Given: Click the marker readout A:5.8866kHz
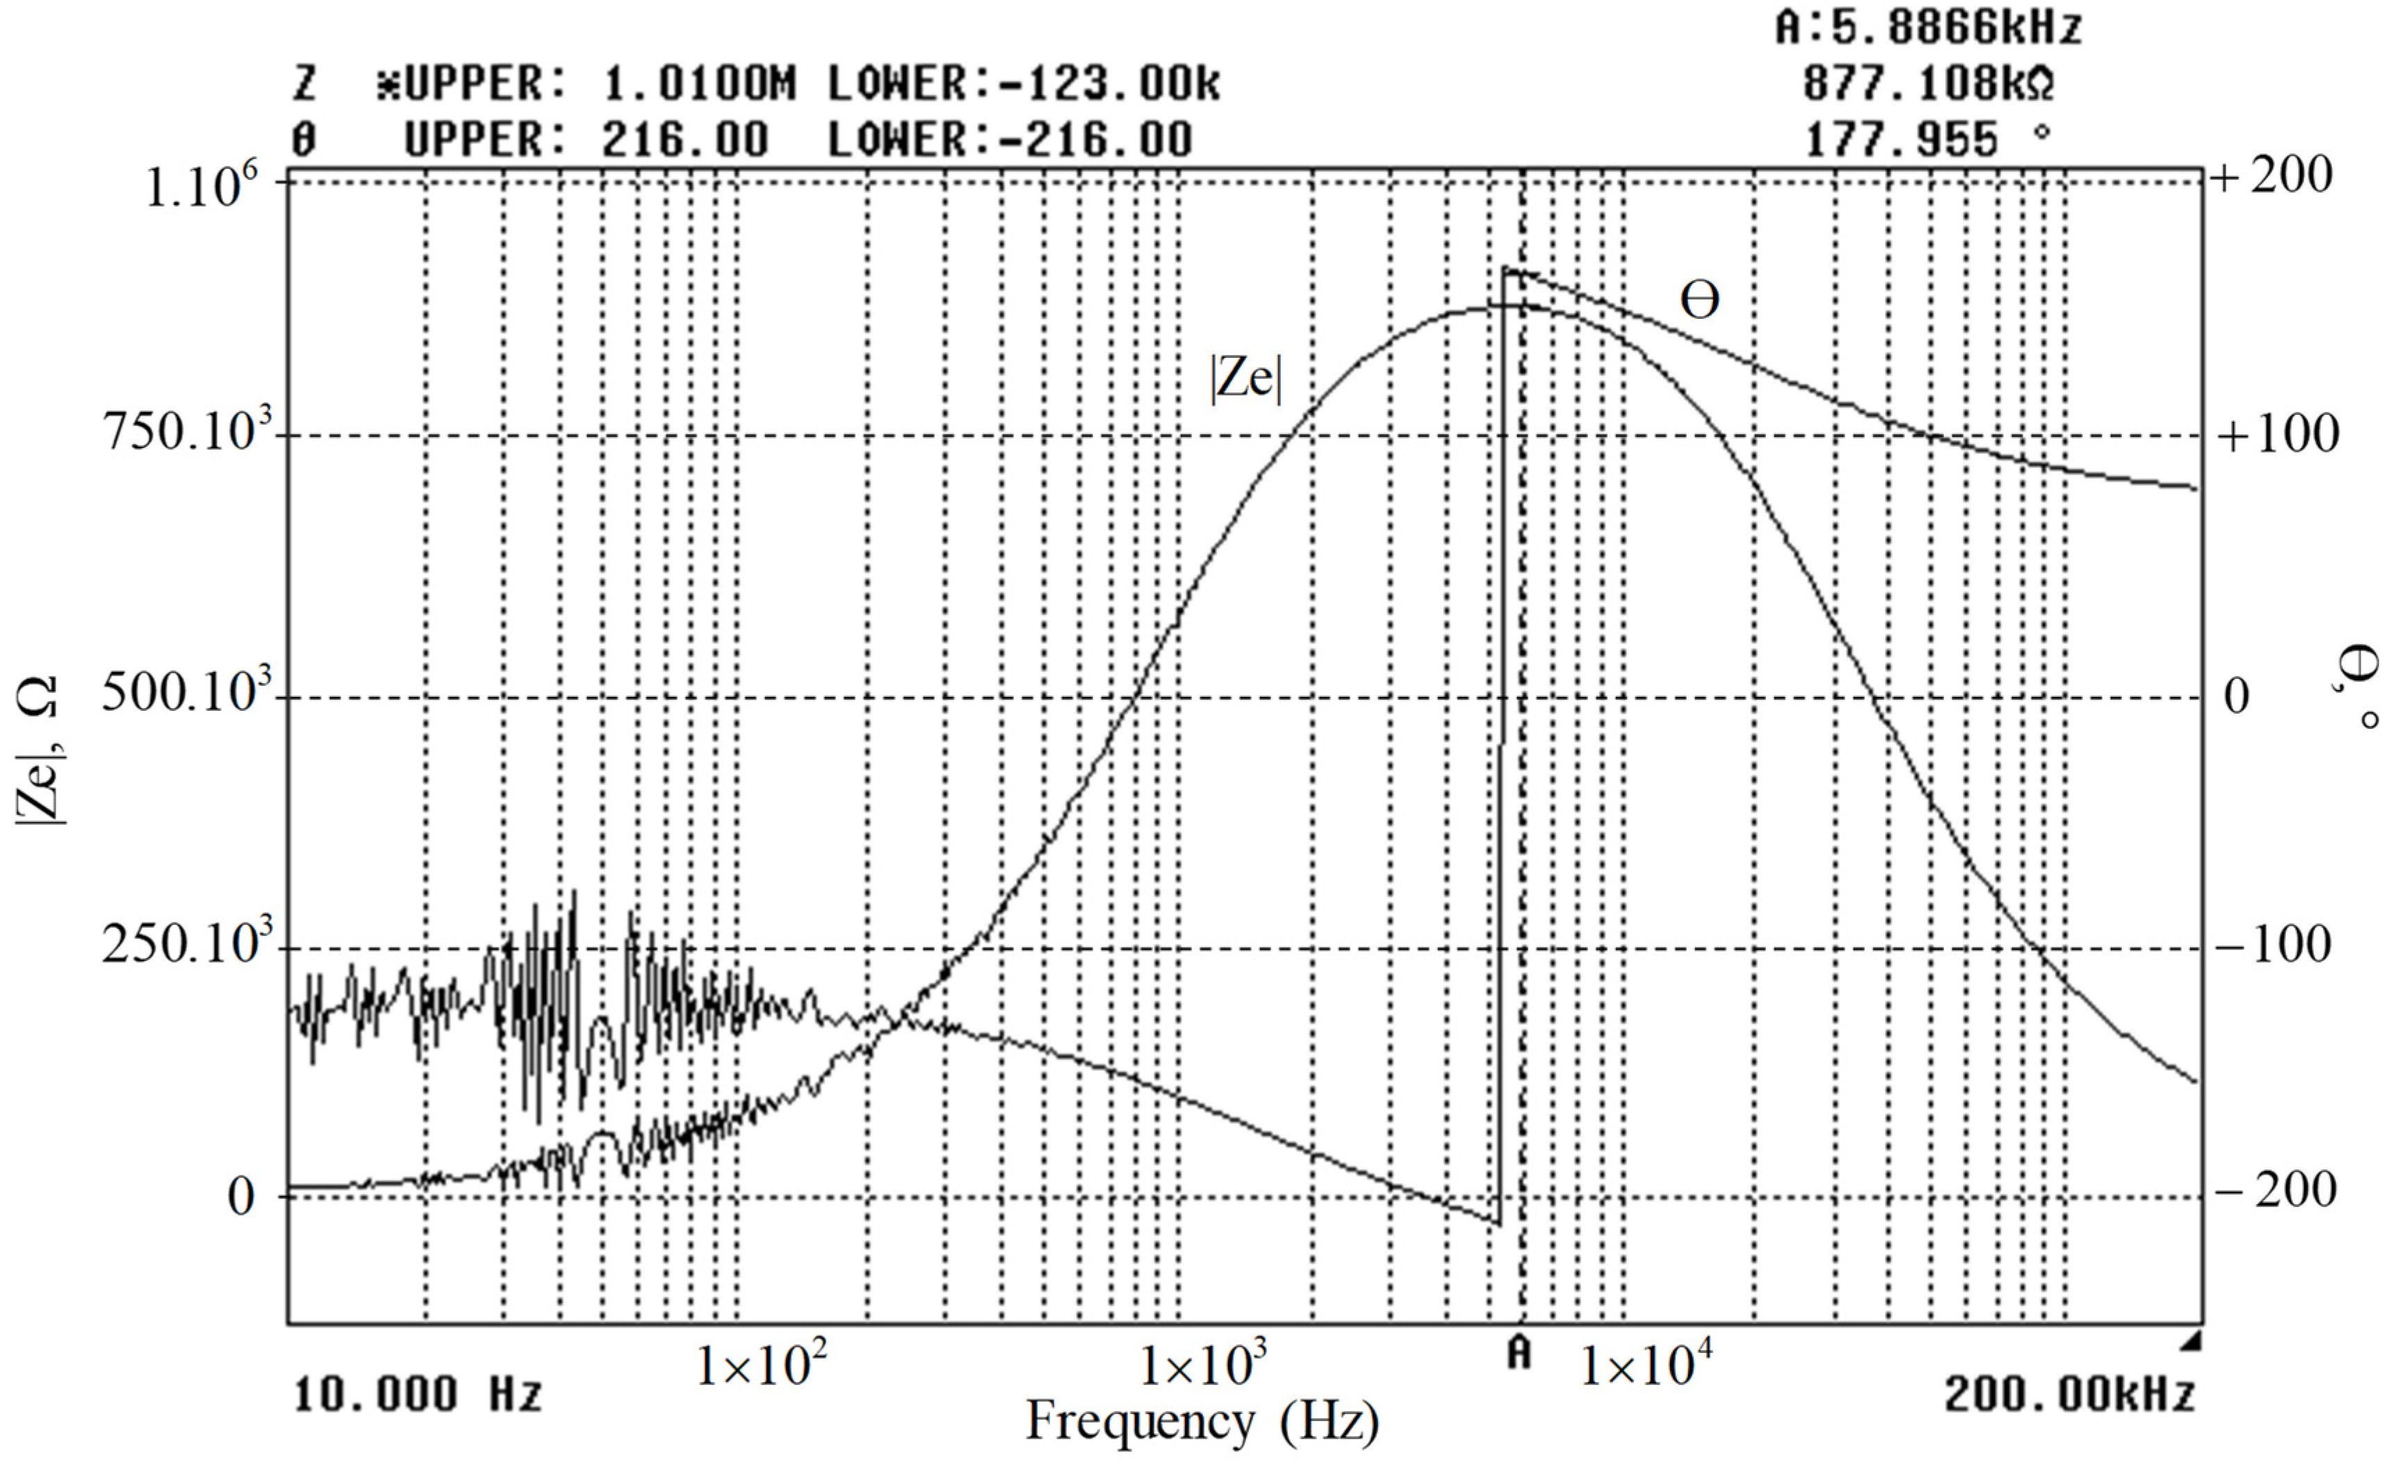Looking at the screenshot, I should [1927, 27].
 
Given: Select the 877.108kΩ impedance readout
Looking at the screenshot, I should [1927, 84].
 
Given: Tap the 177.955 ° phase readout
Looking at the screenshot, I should [1924, 140].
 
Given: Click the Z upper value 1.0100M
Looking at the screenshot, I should [698, 84].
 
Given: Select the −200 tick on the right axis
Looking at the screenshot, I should [2275, 1190].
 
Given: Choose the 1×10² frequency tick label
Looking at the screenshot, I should [761, 1366].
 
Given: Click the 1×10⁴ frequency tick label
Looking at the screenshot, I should [1645, 1366].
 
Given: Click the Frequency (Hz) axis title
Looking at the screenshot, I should [1202, 1422].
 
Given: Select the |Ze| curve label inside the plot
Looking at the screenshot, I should [1245, 378].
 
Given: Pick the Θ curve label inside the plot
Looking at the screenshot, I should [1701, 300].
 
